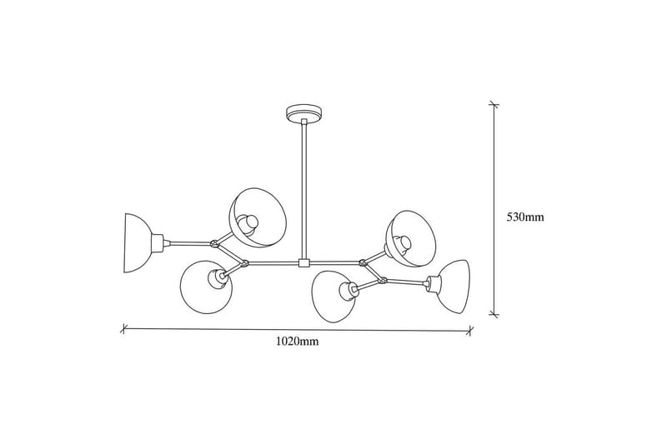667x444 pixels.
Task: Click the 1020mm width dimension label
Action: point(297,342)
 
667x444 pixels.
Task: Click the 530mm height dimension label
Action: point(525,217)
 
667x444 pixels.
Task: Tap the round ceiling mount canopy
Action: point(304,114)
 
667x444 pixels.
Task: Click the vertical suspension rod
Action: point(304,191)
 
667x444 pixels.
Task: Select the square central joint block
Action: point(304,263)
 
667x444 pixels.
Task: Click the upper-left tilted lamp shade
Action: point(258,218)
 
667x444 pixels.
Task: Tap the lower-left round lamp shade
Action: point(206,287)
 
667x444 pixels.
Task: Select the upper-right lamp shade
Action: point(410,238)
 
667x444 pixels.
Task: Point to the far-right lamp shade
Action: point(454,287)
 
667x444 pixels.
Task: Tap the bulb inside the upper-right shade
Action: point(403,243)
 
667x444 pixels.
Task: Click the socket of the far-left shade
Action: point(158,243)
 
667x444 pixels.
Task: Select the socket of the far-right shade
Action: point(433,283)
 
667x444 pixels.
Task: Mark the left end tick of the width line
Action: point(123,328)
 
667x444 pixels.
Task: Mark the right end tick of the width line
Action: point(469,330)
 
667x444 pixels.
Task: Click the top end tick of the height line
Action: point(494,104)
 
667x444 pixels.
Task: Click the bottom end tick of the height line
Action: point(494,314)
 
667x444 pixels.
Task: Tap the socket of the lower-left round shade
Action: point(216,279)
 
